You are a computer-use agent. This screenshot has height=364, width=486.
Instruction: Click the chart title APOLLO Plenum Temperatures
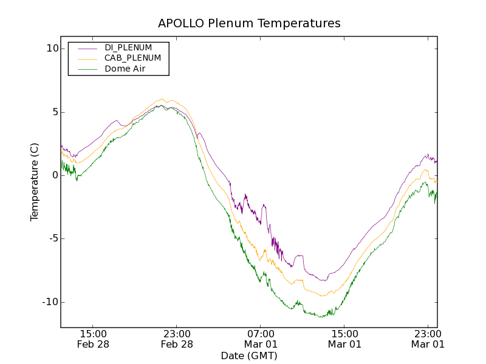[249, 24]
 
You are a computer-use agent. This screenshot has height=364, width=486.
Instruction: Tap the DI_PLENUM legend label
[128, 47]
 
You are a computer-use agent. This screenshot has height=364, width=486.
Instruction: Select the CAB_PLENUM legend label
[132, 58]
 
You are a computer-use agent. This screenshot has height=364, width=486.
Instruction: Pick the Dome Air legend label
[125, 69]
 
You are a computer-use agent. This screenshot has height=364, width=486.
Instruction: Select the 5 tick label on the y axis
[54, 112]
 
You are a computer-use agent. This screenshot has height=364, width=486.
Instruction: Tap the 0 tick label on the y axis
[54, 175]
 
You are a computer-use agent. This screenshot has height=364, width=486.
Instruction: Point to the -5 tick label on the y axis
[52, 238]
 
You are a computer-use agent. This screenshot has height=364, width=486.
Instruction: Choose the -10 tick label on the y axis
[50, 302]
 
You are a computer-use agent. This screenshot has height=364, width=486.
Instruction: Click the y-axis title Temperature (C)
[35, 181]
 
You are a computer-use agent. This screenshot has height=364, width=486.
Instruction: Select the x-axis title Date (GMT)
[249, 356]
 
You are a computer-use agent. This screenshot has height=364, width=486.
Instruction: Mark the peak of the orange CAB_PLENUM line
[162, 99]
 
